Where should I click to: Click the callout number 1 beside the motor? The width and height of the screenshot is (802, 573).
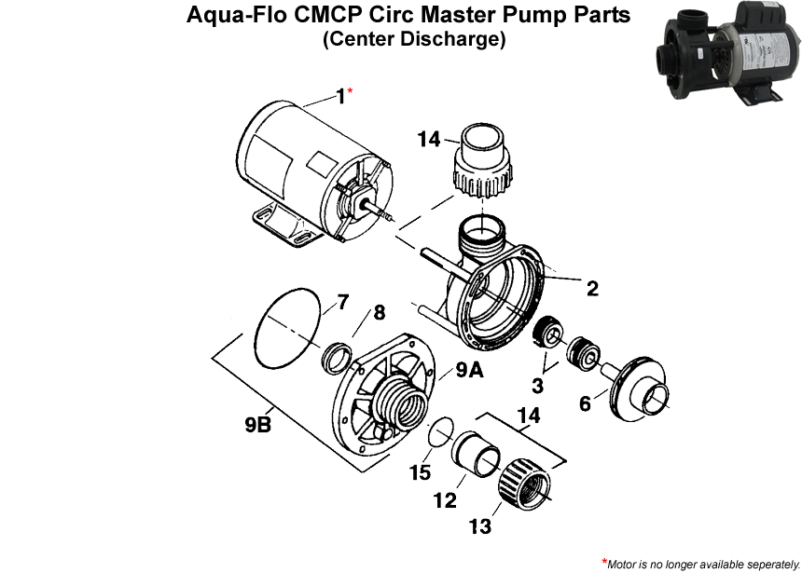(x=339, y=96)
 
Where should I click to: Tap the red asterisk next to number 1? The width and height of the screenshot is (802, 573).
(x=351, y=91)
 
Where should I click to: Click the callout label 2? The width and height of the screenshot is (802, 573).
(x=591, y=289)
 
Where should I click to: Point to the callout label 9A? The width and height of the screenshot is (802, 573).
(x=469, y=370)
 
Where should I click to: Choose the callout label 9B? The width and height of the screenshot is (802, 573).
(x=257, y=425)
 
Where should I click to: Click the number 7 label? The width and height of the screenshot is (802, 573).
(x=342, y=302)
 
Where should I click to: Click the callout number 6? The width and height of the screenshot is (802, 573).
(x=585, y=404)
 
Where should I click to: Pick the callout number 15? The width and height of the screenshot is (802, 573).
(x=420, y=472)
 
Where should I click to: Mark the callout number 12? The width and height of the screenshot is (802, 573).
(x=445, y=500)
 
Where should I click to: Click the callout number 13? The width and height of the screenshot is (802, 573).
(x=479, y=527)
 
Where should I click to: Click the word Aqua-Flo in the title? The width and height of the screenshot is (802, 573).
(x=233, y=16)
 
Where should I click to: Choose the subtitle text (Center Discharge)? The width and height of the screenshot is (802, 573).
(x=414, y=40)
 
